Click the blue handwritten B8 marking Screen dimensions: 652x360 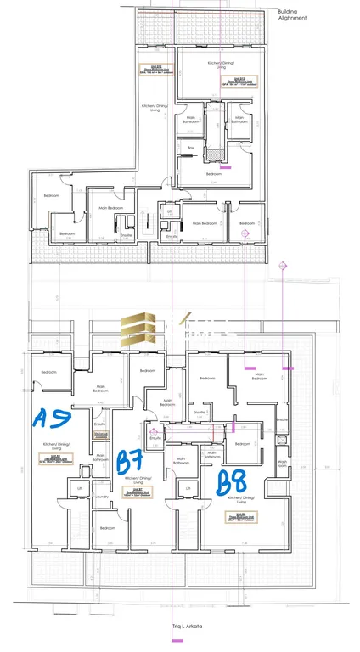point(232,483)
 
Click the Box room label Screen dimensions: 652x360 point(191,148)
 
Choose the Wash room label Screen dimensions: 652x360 point(283,463)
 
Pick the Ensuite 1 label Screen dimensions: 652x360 point(201,412)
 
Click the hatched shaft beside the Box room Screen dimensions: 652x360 point(216,155)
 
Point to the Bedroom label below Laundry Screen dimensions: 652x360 point(107,528)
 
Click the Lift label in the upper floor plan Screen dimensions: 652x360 point(170,211)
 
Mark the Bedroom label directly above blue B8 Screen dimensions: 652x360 point(243,444)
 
